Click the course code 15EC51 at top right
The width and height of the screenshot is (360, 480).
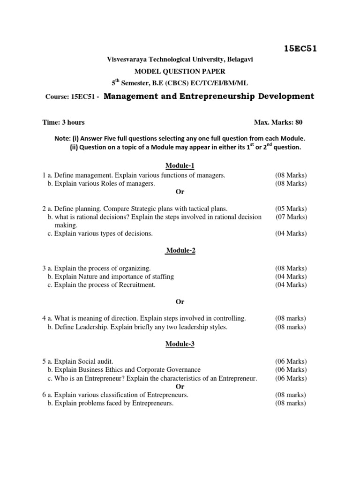(x=300, y=48)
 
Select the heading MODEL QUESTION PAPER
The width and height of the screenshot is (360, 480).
(x=180, y=71)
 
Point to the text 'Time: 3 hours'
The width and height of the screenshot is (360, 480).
(x=63, y=122)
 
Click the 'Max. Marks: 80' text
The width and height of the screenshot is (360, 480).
(x=278, y=122)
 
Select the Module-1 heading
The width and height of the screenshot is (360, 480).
(x=180, y=165)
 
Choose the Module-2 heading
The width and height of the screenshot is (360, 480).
(x=180, y=250)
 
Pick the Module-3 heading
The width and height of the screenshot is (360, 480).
(x=180, y=344)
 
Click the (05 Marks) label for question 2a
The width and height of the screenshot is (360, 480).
(x=291, y=209)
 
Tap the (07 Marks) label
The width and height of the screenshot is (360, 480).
(x=291, y=217)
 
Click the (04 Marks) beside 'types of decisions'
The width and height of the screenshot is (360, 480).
(x=291, y=233)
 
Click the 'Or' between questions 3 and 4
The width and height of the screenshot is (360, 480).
(x=180, y=301)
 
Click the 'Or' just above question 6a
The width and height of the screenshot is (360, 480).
(x=180, y=387)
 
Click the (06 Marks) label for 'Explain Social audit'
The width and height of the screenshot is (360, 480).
(x=291, y=361)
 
